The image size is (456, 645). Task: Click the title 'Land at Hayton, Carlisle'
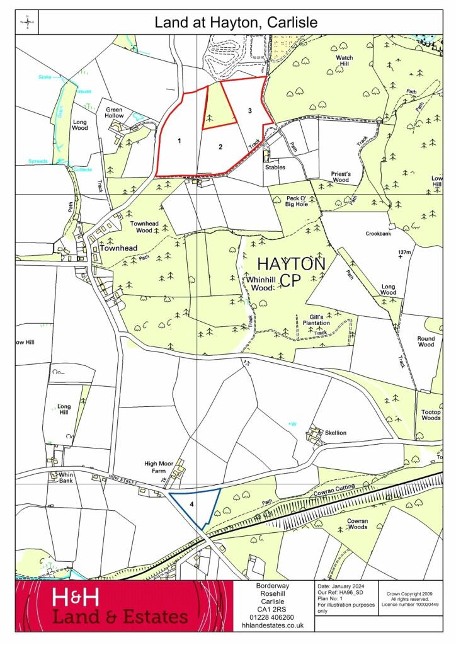[x=236, y=23]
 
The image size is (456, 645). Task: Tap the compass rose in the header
[x=28, y=23]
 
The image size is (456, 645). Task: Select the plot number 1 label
[x=180, y=140]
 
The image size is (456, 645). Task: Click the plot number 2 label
[x=220, y=147]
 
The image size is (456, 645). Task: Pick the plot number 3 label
[x=250, y=111]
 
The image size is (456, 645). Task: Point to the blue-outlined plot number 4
[x=191, y=503]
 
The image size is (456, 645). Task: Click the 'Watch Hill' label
[x=345, y=61]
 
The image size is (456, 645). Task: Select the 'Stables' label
[x=275, y=168]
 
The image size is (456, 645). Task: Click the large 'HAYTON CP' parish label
[x=292, y=271]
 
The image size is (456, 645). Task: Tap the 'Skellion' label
[x=336, y=433]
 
